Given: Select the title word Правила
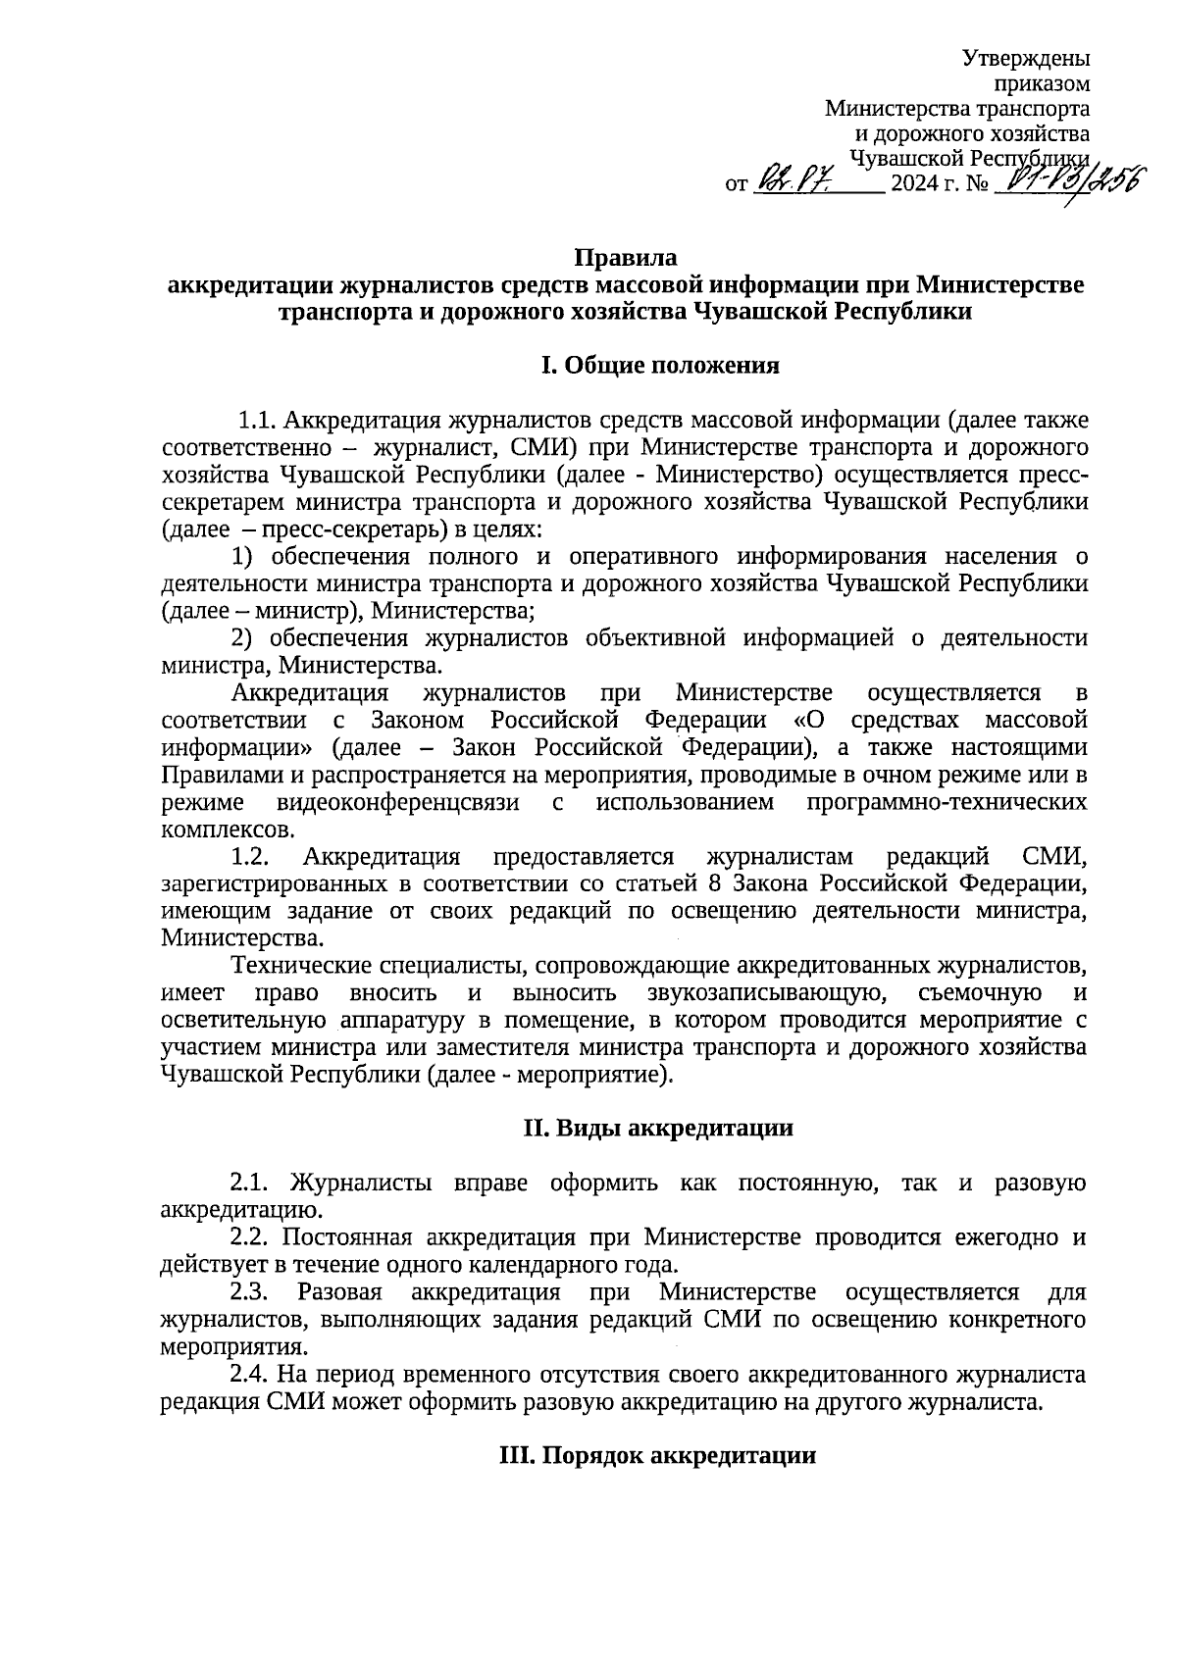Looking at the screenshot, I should [x=625, y=259].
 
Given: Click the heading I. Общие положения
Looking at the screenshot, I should [x=660, y=367].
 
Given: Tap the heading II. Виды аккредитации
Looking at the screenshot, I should [x=658, y=1128].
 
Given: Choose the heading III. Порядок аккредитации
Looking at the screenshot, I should [x=658, y=1455].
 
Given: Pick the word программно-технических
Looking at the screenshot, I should [x=947, y=802].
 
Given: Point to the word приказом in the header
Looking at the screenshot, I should [x=1043, y=84].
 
